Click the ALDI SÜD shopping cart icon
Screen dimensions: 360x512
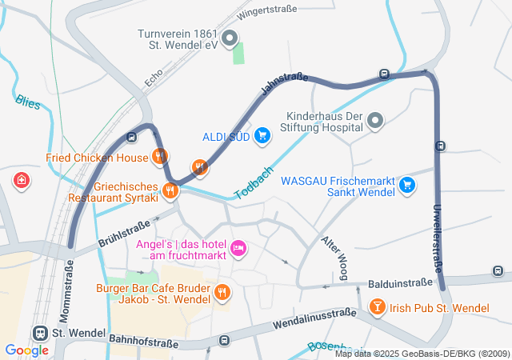tap(262, 135)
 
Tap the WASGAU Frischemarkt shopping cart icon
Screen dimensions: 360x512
tap(408, 185)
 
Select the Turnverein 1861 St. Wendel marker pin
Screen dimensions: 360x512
tap(230, 38)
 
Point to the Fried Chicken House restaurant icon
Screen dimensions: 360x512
tap(161, 156)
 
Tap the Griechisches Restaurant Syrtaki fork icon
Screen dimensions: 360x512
tap(170, 190)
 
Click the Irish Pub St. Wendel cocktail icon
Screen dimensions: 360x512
tap(377, 307)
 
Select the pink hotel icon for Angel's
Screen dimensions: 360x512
tap(238, 249)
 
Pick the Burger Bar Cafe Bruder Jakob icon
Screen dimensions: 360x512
tap(222, 294)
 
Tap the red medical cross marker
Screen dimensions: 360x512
tap(21, 182)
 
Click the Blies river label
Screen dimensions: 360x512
tap(26, 102)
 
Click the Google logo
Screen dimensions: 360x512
tap(26, 350)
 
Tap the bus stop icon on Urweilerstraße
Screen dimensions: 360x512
tap(440, 146)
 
